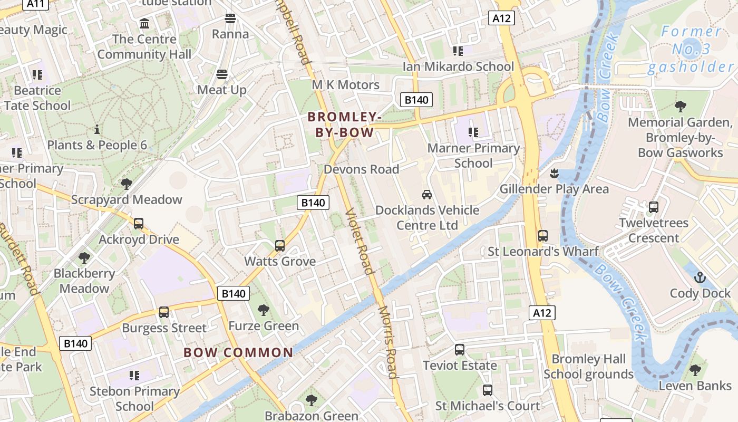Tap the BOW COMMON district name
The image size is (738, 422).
pyautogui.click(x=238, y=352)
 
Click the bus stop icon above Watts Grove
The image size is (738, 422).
pyautogui.click(x=280, y=246)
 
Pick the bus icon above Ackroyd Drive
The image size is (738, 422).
pyautogui.click(x=139, y=224)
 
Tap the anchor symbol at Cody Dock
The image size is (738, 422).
pyautogui.click(x=700, y=277)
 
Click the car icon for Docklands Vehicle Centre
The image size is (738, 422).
pyautogui.click(x=427, y=195)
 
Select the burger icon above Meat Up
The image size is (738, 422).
pyautogui.click(x=222, y=74)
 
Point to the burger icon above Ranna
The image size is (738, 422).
pyautogui.click(x=230, y=19)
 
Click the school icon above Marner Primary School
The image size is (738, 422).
pyautogui.click(x=473, y=132)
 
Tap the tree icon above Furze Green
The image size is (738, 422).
pyautogui.click(x=263, y=310)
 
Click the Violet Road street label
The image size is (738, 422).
pyautogui.click(x=359, y=242)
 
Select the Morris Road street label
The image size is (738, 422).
pyautogui.click(x=387, y=342)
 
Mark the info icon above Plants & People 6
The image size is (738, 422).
pyautogui.click(x=96, y=129)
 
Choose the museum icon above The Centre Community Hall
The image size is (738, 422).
pyautogui.click(x=144, y=24)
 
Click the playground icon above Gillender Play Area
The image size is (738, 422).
pyautogui.click(x=553, y=173)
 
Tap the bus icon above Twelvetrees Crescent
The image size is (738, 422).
pyautogui.click(x=654, y=207)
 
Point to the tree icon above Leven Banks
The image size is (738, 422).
pyautogui.click(x=695, y=370)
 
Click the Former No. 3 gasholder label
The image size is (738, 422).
pyautogui.click(x=691, y=49)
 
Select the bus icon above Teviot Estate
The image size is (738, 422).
pyautogui.click(x=460, y=350)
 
